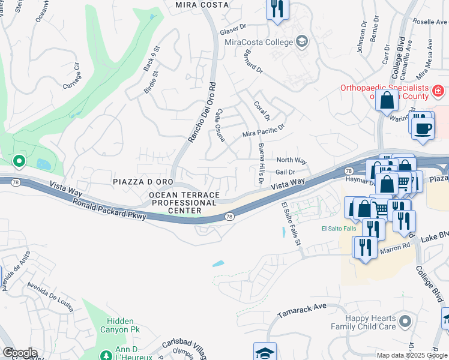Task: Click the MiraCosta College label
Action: [258, 42]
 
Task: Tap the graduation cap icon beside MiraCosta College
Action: [302, 41]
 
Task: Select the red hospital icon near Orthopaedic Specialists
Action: [438, 92]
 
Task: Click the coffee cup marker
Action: [423, 128]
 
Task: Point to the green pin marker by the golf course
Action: [19, 161]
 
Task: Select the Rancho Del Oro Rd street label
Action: [201, 112]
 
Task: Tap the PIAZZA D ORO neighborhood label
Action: [143, 181]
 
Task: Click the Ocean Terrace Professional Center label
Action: [184, 203]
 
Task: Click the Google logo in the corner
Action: [19, 353]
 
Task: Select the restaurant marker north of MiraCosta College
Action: [277, 9]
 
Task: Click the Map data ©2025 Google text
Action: [411, 355]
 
